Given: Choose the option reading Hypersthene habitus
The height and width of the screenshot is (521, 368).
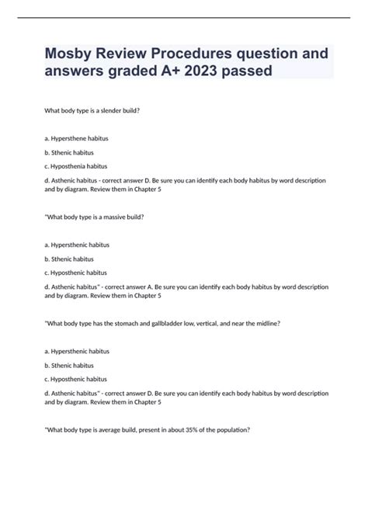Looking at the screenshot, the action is [x=79, y=138].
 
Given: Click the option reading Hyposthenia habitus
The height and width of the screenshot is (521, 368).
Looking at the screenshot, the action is [x=79, y=165].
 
